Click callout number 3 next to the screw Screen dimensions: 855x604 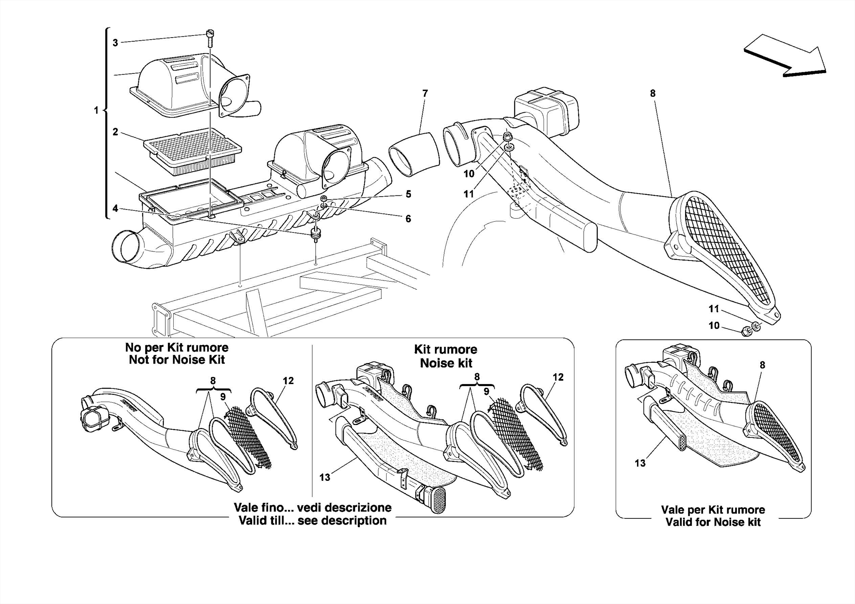tap(115, 43)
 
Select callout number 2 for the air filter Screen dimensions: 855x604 tap(115, 132)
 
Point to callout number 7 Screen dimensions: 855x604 tap(425, 94)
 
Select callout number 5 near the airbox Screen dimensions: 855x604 tap(408, 194)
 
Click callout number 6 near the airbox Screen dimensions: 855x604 tap(408, 219)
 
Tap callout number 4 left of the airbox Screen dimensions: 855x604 tap(115, 208)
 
